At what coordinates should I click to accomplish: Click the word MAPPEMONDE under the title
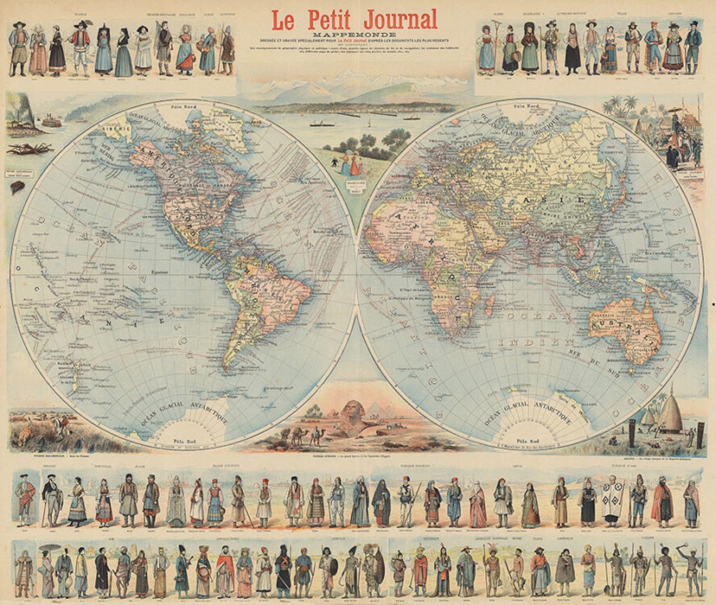[355, 35]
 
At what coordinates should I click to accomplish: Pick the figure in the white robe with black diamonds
[611, 499]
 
